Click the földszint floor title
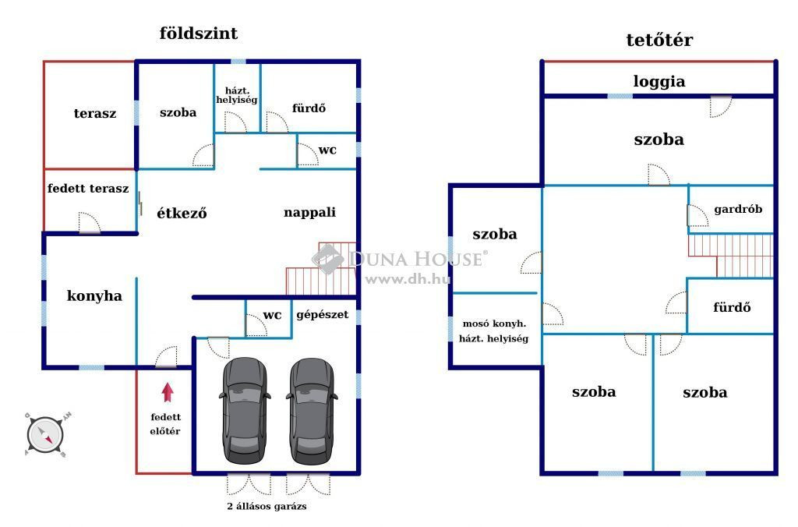click(x=199, y=34)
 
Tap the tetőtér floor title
click(x=659, y=40)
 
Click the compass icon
click(x=46, y=435)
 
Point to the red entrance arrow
click(x=168, y=392)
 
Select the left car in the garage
click(x=245, y=410)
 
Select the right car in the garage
click(x=312, y=410)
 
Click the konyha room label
click(x=94, y=295)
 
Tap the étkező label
click(x=182, y=213)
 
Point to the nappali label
click(x=309, y=212)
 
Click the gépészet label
click(x=322, y=315)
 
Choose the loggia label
click(x=659, y=82)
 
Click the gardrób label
click(x=738, y=209)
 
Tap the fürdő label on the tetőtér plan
click(x=732, y=307)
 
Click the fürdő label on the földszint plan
click(x=309, y=108)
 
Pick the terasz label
click(x=94, y=113)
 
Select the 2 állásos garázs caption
click(x=267, y=506)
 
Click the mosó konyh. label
click(x=494, y=324)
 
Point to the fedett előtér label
click(x=165, y=423)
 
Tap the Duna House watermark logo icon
click(x=328, y=259)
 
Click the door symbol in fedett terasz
click(x=90, y=222)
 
